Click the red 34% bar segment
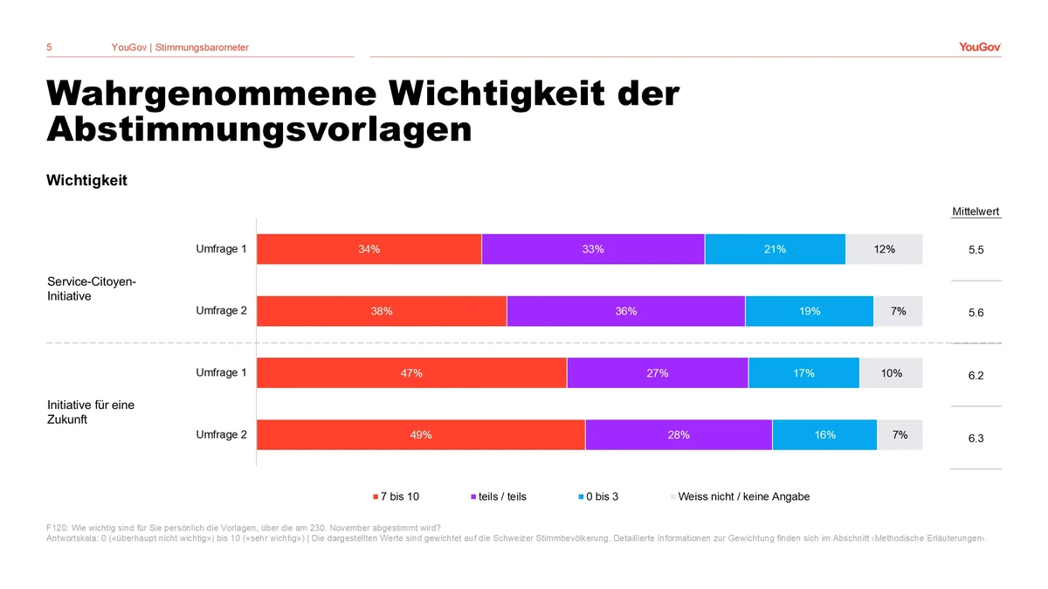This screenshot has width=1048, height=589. click(369, 249)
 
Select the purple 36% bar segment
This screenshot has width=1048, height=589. click(625, 311)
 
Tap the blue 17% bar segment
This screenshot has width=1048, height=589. click(803, 373)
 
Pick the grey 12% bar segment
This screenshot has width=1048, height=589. click(884, 249)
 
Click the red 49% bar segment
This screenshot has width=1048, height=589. click(420, 434)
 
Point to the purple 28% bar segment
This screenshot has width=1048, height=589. click(678, 434)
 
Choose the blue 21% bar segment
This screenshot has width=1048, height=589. click(775, 249)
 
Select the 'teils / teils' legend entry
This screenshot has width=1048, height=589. click(501, 496)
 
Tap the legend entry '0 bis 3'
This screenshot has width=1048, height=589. click(602, 496)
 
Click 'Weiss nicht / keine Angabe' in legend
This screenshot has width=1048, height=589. click(743, 496)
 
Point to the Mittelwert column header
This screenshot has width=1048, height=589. click(976, 211)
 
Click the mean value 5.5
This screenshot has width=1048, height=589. click(976, 250)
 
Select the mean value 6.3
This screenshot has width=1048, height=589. click(976, 439)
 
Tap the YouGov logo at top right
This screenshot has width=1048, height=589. click(980, 47)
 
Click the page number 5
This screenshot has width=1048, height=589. click(49, 47)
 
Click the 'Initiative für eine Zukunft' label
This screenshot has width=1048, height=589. click(91, 412)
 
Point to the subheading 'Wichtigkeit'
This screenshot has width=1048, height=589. click(86, 180)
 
